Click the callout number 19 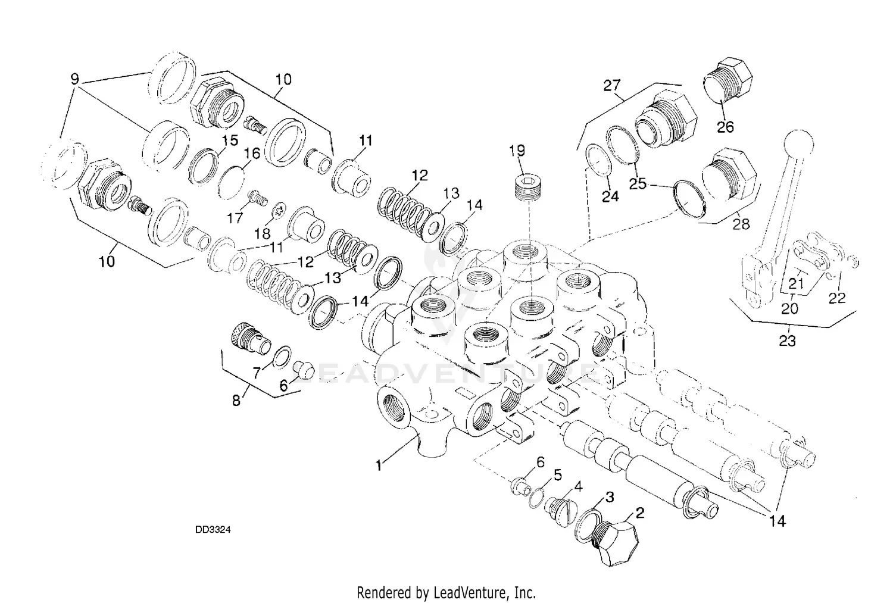point(517,151)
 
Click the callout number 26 point(725,127)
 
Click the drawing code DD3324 point(213,529)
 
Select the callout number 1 point(379,465)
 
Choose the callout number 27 point(612,85)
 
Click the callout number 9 point(74,79)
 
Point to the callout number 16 point(252,153)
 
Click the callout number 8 point(236,401)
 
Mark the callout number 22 point(837,298)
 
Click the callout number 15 point(230,140)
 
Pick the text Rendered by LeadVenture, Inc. point(446,593)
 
